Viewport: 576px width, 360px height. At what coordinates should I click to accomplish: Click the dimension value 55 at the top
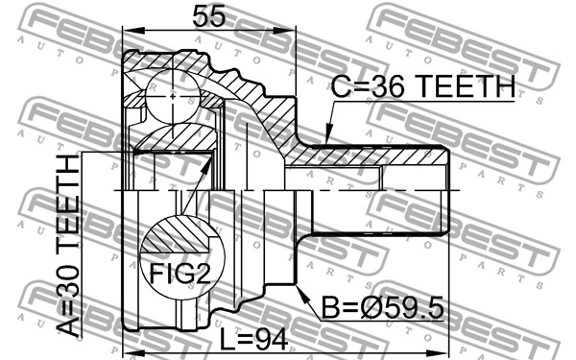coord(208,16)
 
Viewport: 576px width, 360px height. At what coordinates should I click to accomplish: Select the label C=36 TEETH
coord(423,86)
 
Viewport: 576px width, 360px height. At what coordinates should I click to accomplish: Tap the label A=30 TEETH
coord(68,246)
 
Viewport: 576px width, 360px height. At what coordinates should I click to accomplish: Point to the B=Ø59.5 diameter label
coord(383,307)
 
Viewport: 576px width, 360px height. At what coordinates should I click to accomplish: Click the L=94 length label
coord(253,339)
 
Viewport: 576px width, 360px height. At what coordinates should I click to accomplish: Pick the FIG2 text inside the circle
coord(180,274)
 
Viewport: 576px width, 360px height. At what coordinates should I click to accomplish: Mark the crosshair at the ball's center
coord(173,96)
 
